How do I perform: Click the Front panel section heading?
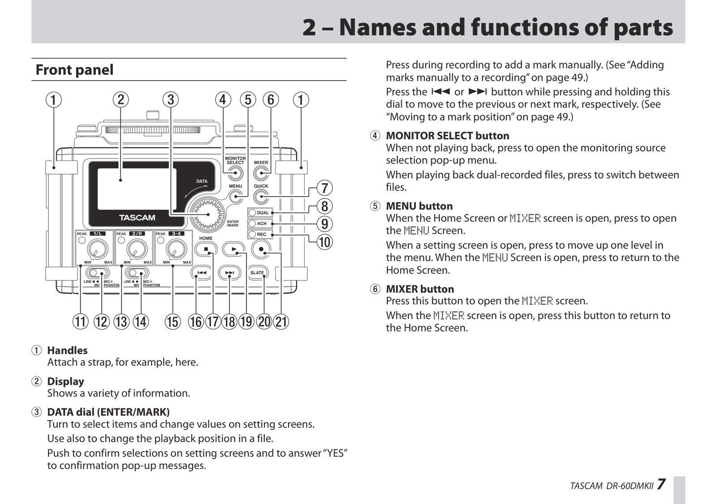[74, 70]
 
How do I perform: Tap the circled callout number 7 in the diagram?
[324, 188]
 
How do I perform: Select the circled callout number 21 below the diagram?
[281, 322]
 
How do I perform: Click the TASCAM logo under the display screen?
[137, 218]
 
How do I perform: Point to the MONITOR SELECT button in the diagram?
[235, 173]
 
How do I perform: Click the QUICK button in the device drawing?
[261, 197]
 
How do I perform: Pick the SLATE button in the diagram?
[257, 272]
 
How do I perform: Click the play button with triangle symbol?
[233, 249]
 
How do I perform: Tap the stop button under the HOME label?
[206, 249]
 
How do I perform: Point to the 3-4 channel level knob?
[176, 249]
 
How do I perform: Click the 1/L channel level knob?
[97, 249]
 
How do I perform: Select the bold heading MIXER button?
[420, 289]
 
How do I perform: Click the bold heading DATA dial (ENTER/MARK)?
[108, 412]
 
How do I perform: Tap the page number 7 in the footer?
[661, 485]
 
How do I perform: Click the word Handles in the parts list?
[67, 350]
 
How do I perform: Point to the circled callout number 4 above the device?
[223, 99]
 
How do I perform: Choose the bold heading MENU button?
[419, 206]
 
